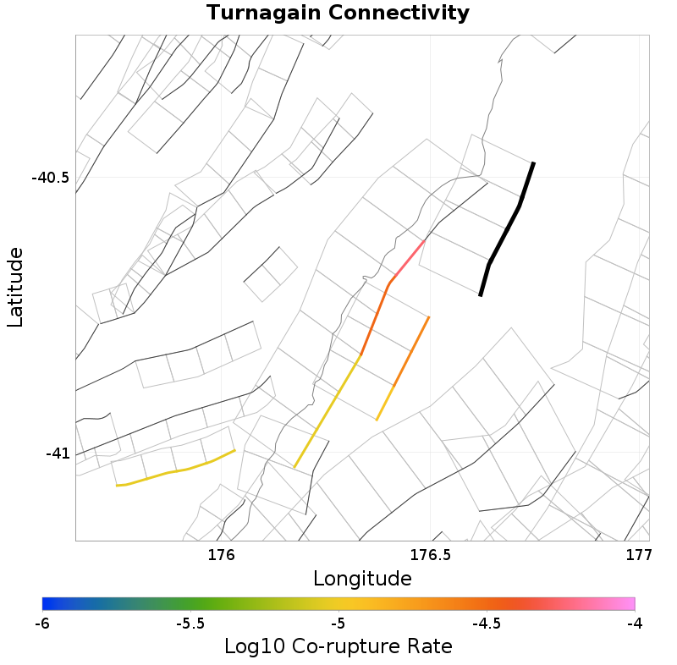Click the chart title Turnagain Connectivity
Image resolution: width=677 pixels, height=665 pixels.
point(338,14)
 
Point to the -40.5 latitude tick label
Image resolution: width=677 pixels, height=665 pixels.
point(50,178)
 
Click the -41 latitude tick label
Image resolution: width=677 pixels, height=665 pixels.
point(58,453)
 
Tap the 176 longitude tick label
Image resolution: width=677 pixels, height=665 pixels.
point(220,555)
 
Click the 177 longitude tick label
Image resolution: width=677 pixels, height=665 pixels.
point(638,555)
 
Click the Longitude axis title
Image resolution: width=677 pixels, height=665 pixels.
point(362,579)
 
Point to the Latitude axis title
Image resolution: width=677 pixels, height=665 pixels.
point(15,287)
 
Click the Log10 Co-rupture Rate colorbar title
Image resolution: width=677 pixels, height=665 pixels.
point(338,646)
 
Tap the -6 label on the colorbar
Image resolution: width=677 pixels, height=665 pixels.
point(42,624)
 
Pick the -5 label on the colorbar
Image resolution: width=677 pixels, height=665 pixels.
point(338,624)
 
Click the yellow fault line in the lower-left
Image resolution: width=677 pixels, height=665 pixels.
point(175,470)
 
